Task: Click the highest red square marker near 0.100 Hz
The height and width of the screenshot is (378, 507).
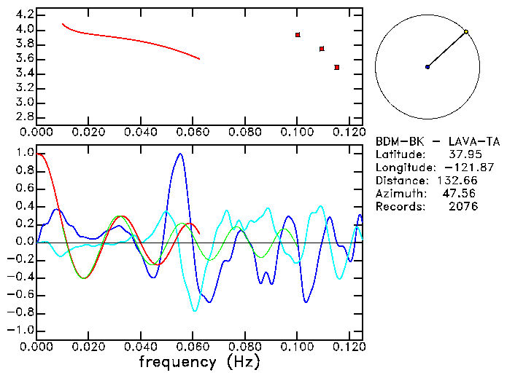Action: click(x=298, y=35)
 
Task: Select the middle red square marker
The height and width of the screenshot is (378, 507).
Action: click(x=322, y=49)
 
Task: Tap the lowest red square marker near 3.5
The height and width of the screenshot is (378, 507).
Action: click(x=336, y=67)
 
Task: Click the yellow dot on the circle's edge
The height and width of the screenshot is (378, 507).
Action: click(x=466, y=32)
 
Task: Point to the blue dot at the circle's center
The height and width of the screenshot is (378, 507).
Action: click(x=427, y=67)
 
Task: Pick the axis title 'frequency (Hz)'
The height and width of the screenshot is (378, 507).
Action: click(x=199, y=362)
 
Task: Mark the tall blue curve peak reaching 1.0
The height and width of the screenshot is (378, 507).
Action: click(x=179, y=154)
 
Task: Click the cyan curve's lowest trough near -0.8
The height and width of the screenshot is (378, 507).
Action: click(x=195, y=311)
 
